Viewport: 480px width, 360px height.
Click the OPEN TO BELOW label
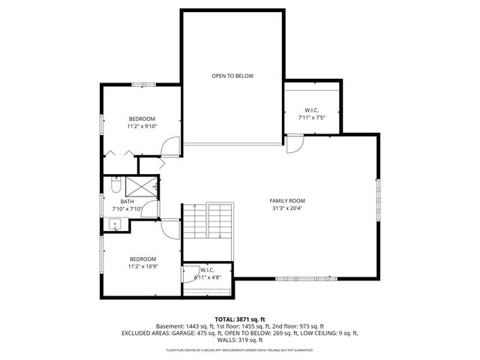232,76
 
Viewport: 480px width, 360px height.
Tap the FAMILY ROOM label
287,200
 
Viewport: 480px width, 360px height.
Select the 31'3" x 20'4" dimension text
287,209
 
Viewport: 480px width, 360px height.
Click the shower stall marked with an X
140,186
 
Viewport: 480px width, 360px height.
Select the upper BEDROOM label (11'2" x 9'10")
142,119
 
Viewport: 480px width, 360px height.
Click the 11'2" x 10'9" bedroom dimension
142,265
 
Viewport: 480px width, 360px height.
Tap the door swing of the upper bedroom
173,146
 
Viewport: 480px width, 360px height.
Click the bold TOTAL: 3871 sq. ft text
239,319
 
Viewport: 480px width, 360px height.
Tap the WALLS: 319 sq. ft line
240,340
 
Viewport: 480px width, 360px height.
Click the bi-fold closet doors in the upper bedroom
120,153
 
